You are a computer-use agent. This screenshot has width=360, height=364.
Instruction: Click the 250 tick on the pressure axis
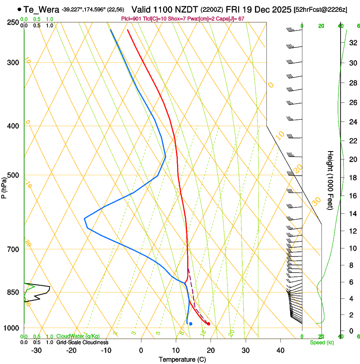[13, 22]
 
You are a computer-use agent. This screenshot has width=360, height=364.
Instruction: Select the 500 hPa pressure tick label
[13, 175]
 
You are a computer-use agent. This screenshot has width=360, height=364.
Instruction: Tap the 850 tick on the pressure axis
[13, 292]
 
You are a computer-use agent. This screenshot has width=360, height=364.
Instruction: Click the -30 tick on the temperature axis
[36, 350]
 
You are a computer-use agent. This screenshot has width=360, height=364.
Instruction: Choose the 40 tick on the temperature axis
[280, 350]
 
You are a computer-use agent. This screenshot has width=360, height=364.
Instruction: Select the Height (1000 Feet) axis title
[330, 180]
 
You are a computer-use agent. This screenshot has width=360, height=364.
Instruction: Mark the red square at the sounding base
[208, 324]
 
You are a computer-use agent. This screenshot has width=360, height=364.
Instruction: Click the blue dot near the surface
[191, 324]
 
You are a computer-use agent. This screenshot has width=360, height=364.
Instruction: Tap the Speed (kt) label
[322, 342]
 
